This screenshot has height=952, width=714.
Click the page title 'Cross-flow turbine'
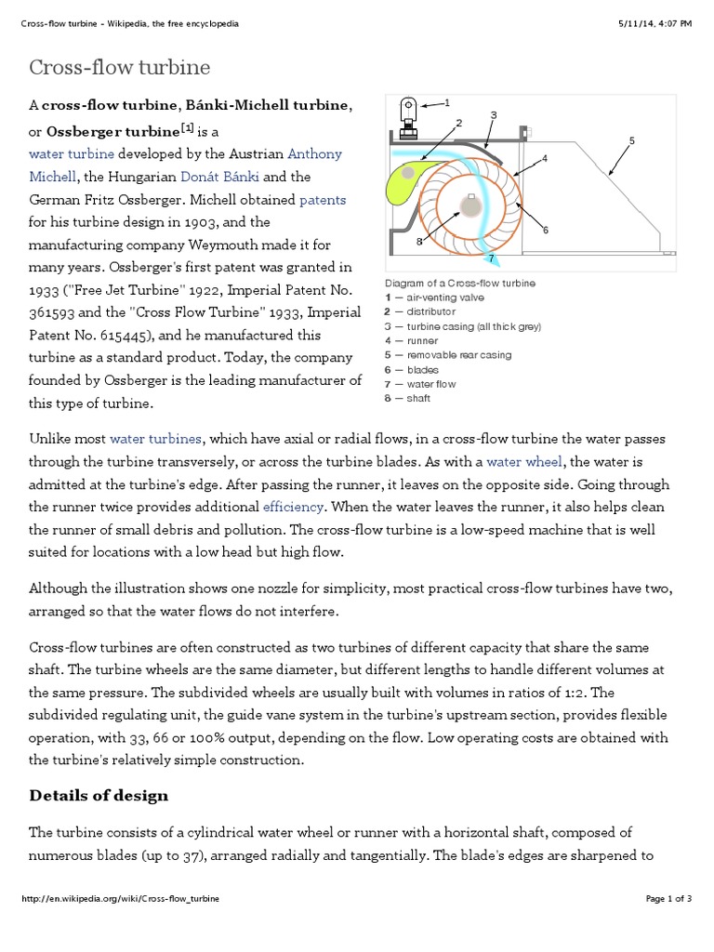pyautogui.click(x=120, y=68)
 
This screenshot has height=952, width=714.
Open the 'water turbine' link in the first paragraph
pyautogui.click(x=72, y=153)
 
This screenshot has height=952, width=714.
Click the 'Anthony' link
pyautogui.click(x=314, y=153)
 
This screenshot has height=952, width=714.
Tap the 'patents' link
pyautogui.click(x=323, y=200)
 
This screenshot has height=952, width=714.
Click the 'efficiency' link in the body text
pyautogui.click(x=293, y=507)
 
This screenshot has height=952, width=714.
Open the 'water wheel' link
pyautogui.click(x=525, y=461)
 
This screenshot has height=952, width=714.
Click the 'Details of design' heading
pyautogui.click(x=99, y=795)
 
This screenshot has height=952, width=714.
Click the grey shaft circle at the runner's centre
pyautogui.click(x=471, y=207)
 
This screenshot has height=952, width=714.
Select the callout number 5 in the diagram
pyautogui.click(x=631, y=141)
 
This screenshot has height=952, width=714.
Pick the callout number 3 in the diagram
pyautogui.click(x=494, y=115)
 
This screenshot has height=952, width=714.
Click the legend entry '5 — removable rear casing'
pyautogui.click(x=447, y=355)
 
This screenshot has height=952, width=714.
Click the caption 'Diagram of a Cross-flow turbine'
pyautogui.click(x=459, y=283)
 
